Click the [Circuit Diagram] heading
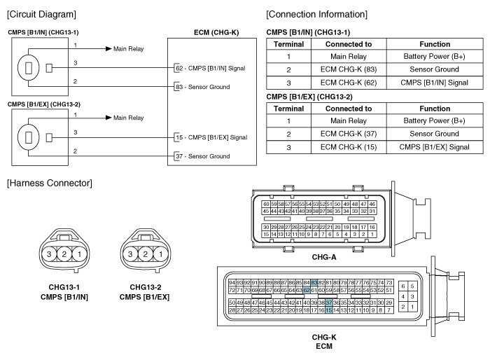tap(41, 14)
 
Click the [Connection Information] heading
tap(316, 14)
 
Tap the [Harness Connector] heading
tap(48, 184)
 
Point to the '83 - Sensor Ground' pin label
tap(204, 86)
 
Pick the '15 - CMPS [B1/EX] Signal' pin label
tap(211, 137)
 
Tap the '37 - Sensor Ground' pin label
tap(204, 155)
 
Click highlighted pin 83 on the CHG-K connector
tap(314, 282)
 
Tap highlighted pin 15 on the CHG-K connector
tap(328, 309)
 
